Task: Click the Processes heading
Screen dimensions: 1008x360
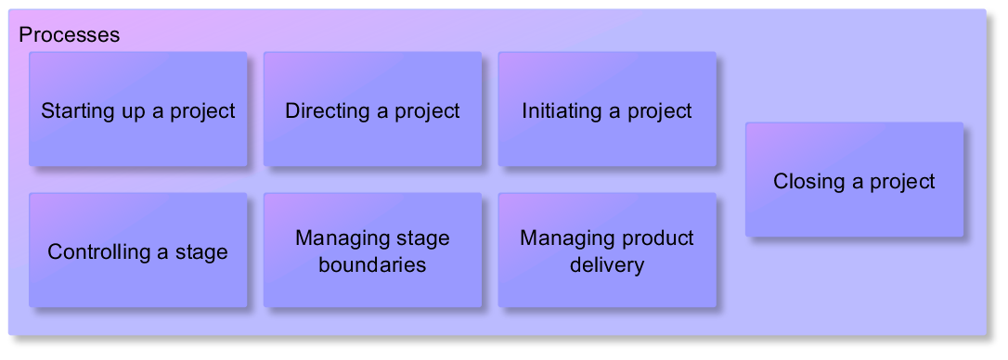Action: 70,34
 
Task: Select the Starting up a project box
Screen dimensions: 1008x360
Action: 138,109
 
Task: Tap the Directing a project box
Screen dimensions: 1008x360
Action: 373,109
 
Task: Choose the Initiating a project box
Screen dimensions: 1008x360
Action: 607,109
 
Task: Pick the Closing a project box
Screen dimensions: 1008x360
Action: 854,179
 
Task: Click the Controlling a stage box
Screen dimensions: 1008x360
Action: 138,251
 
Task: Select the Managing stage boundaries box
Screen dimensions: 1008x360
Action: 373,251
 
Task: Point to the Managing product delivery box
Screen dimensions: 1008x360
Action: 607,251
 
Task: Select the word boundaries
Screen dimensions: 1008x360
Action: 373,264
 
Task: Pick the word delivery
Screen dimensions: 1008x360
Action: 607,264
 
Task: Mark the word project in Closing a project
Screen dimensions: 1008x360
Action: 902,183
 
